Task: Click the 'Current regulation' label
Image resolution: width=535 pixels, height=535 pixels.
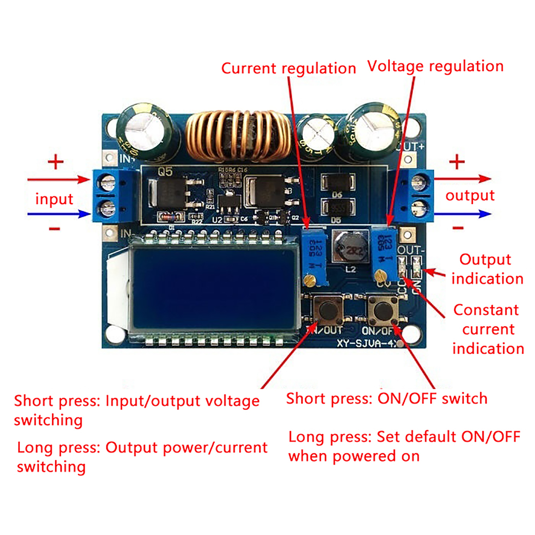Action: [x=288, y=69]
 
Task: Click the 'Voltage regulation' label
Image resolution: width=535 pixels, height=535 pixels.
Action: [x=435, y=66]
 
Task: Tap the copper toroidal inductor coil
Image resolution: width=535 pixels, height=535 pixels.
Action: [x=238, y=136]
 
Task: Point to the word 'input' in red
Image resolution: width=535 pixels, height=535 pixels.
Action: [x=54, y=199]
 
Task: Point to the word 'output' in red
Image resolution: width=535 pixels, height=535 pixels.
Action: [x=470, y=196]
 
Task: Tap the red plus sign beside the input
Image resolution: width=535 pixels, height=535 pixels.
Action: [x=56, y=162]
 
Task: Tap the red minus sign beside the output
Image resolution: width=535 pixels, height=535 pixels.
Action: [x=458, y=228]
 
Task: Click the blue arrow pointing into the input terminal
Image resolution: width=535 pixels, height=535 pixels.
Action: [x=59, y=214]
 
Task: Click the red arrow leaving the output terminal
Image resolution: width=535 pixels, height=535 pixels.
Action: [x=463, y=179]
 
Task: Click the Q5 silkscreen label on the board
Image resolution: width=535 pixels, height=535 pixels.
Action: [x=165, y=172]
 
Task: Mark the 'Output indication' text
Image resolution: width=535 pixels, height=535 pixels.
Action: [x=487, y=269]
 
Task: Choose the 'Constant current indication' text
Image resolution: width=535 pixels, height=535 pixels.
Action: [x=488, y=329]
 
